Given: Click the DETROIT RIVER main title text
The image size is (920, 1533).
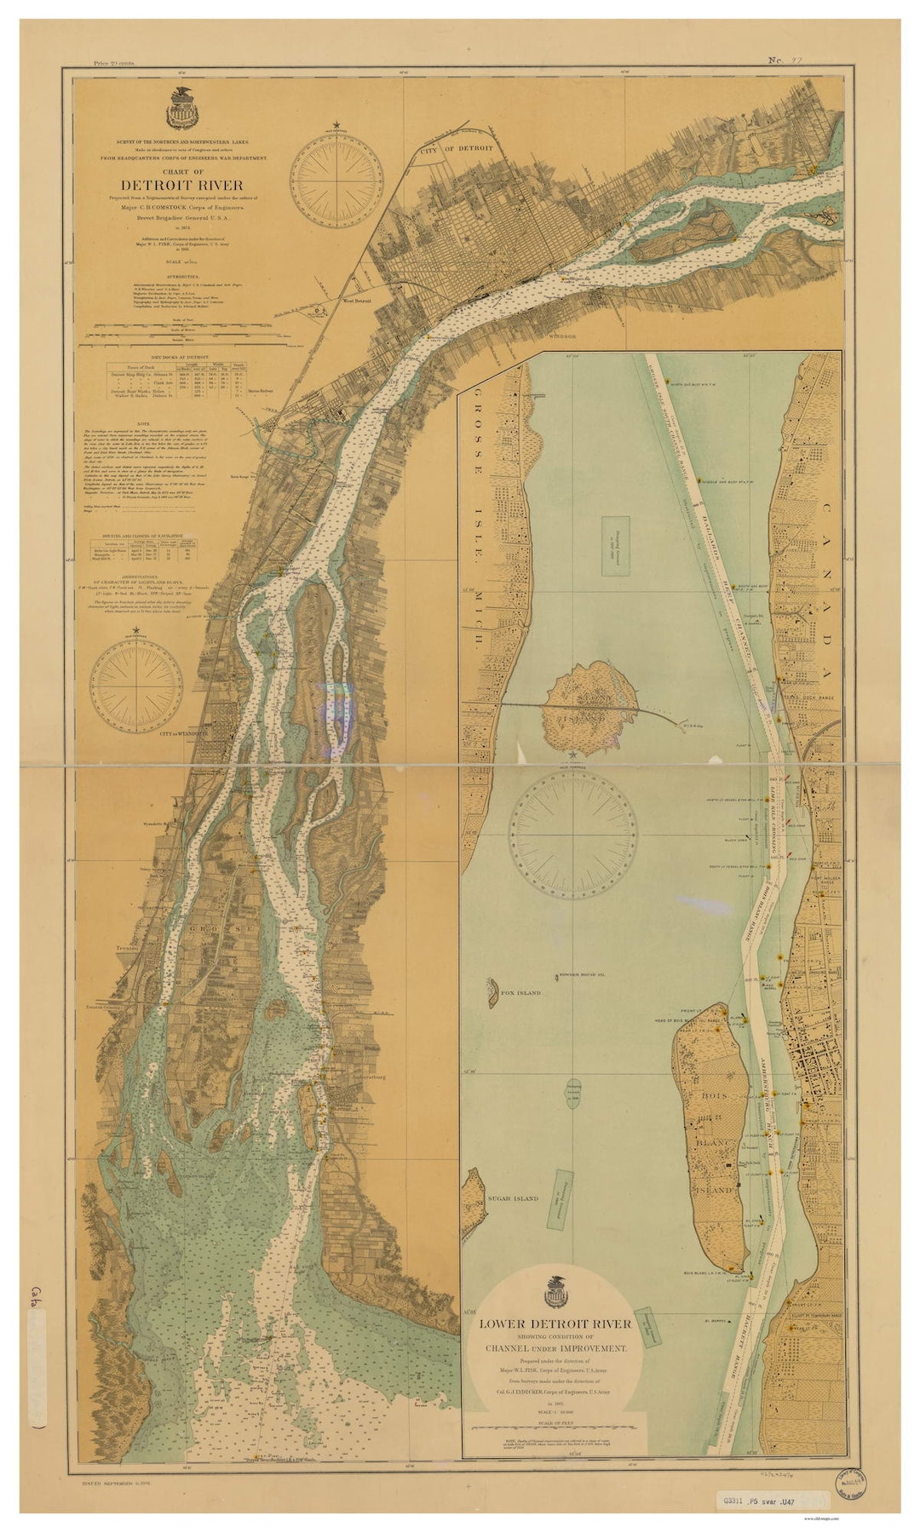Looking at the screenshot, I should (x=181, y=185).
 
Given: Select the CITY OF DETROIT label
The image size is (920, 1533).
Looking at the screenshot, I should (x=457, y=148).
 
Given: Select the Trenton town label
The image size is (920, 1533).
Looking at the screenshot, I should (x=128, y=947).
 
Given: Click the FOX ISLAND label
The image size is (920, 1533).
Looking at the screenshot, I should (x=520, y=993).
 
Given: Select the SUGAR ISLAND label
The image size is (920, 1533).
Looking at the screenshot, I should (x=513, y=1198).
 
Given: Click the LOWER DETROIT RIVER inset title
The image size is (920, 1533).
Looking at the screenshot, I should (x=555, y=1323).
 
